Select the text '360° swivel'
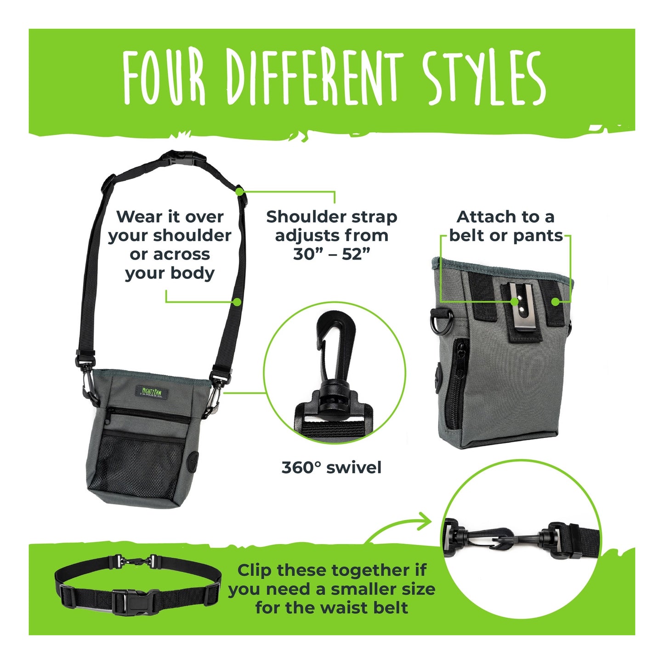coord(331,468)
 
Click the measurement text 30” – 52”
coord(331,254)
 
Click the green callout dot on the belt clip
coord(515,301)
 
